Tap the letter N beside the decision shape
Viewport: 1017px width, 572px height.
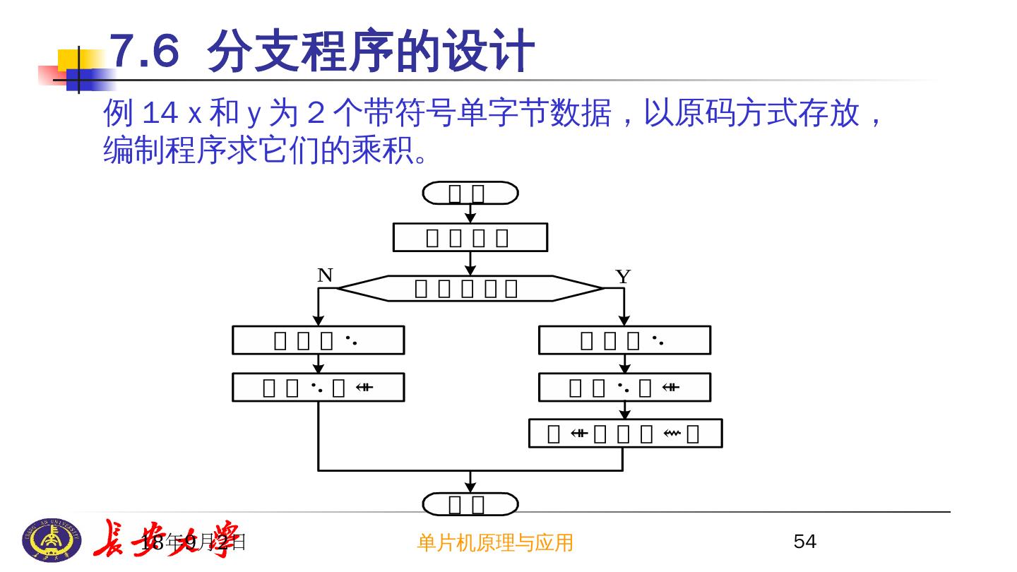coord(325,275)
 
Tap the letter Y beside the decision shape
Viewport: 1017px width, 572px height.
coord(622,277)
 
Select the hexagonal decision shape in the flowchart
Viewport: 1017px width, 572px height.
coord(470,288)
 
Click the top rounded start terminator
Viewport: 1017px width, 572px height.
coord(470,193)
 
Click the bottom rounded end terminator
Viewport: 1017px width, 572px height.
coord(470,504)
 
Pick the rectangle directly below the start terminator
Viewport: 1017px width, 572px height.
coord(470,237)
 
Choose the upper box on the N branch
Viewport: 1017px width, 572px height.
coord(319,340)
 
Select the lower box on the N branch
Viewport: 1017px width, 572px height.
coord(319,387)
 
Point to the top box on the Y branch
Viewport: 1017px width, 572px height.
coord(624,340)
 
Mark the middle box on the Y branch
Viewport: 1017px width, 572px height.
coord(624,387)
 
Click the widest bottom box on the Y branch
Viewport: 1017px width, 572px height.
coord(625,433)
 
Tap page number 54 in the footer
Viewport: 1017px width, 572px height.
coord(805,542)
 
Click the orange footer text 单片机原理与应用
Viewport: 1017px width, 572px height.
coord(495,542)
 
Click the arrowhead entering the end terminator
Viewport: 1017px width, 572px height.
coord(470,487)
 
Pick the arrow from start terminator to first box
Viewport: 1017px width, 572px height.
coord(470,214)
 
